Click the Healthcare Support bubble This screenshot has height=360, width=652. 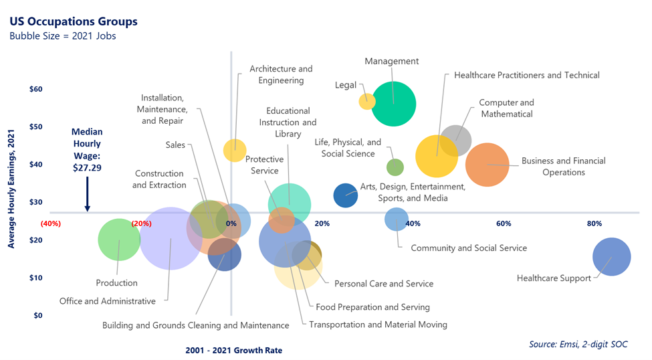click(611, 257)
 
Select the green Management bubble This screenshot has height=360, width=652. click(394, 104)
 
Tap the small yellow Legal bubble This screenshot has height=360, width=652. click(366, 101)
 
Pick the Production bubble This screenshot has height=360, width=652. click(119, 239)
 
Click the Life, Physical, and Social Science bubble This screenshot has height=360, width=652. click(395, 167)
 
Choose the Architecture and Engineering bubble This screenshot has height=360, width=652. click(234, 150)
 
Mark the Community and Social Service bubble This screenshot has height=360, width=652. click(397, 219)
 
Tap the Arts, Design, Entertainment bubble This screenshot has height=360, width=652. click(346, 195)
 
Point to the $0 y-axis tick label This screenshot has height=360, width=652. click(37, 315)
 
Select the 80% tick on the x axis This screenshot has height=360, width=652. click(594, 223)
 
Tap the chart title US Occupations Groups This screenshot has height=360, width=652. click(74, 21)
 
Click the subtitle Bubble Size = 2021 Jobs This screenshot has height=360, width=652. click(63, 36)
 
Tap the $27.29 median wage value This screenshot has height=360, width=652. click(87, 168)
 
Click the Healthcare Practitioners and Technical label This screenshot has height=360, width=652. click(526, 76)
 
